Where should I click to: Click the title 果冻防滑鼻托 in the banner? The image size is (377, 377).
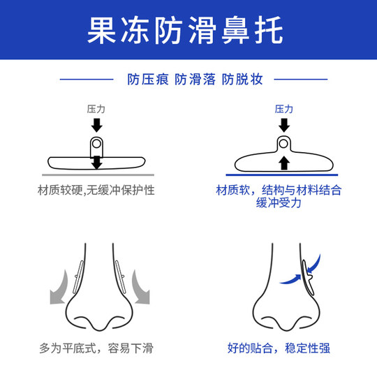188,31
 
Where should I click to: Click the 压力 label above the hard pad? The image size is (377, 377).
96,110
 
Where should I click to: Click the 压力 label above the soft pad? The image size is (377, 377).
283,110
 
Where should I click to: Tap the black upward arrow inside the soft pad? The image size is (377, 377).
283,163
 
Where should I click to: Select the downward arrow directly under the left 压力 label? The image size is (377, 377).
96,125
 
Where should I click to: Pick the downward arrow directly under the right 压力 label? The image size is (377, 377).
283,125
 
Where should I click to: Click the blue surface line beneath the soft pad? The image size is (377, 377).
283,174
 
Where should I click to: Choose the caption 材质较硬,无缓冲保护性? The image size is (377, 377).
96,190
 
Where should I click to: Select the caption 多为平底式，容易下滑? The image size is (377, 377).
96,347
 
